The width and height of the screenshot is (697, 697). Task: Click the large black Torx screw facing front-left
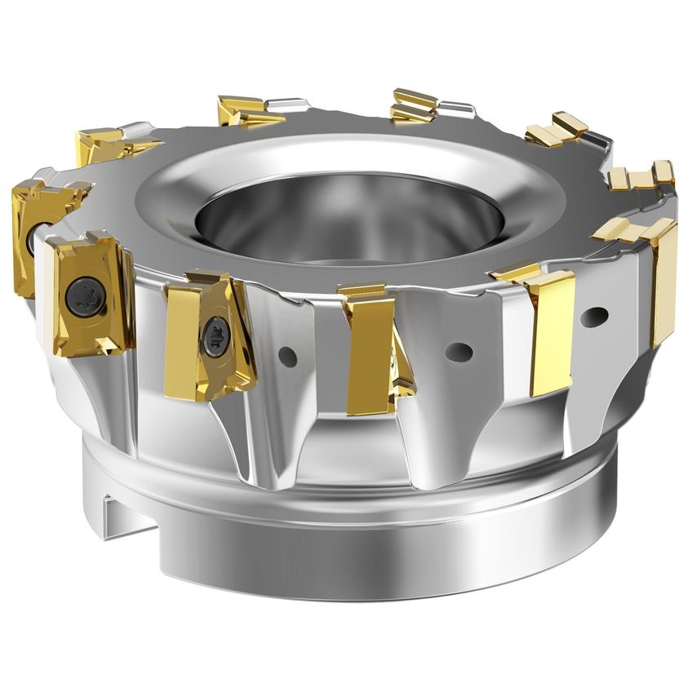tap(85, 292)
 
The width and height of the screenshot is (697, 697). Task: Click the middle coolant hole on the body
tap(459, 352)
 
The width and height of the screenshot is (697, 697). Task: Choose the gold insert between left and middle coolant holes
tap(367, 347)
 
